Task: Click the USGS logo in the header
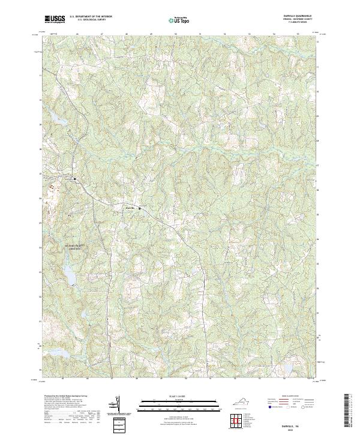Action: pos(55,19)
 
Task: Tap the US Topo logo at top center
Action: pos(180,20)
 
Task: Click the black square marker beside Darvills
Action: pos(140,208)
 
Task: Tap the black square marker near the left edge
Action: pos(75,179)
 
